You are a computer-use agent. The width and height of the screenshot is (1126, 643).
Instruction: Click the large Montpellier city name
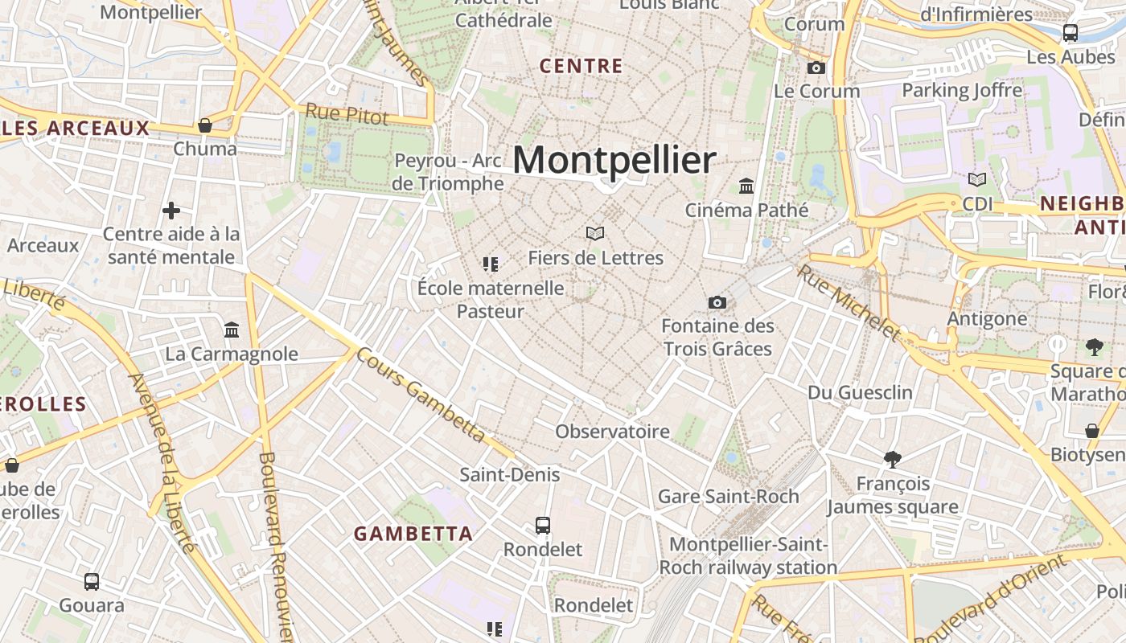[614, 160]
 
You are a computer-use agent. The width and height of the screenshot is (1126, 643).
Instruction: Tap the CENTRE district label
[581, 66]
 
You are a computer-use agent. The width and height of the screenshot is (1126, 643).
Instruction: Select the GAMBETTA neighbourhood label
[413, 533]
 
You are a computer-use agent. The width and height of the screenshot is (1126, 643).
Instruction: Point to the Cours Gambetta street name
[421, 395]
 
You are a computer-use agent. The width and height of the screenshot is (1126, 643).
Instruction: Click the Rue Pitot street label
[347, 114]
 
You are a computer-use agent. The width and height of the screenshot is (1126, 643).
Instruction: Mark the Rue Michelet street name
[849, 302]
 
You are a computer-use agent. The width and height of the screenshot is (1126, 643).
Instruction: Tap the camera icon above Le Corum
[816, 68]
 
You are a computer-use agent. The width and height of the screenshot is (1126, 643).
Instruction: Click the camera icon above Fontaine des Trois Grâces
[717, 302]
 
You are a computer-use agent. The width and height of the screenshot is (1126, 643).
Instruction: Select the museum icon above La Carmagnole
[232, 330]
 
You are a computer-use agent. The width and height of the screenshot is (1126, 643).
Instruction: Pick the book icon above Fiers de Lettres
[595, 233]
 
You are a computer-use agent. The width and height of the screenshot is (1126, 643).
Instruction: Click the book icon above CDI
[977, 180]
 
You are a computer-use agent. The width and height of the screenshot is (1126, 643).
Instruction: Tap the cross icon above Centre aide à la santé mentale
[171, 211]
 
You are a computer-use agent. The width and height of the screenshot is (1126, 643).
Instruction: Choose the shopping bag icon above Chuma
[205, 125]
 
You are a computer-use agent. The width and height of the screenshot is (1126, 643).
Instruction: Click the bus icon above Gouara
[92, 581]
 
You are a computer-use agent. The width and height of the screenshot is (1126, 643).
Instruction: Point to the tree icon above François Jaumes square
[892, 460]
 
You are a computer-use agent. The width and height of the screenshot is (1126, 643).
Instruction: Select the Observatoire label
[612, 432]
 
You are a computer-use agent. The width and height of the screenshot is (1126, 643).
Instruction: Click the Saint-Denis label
[509, 474]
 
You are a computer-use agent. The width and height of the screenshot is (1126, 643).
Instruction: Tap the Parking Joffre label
[962, 90]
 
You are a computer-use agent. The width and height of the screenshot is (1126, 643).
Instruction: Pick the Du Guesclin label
[860, 392]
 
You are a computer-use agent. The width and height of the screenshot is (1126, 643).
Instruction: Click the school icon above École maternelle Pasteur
[491, 264]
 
